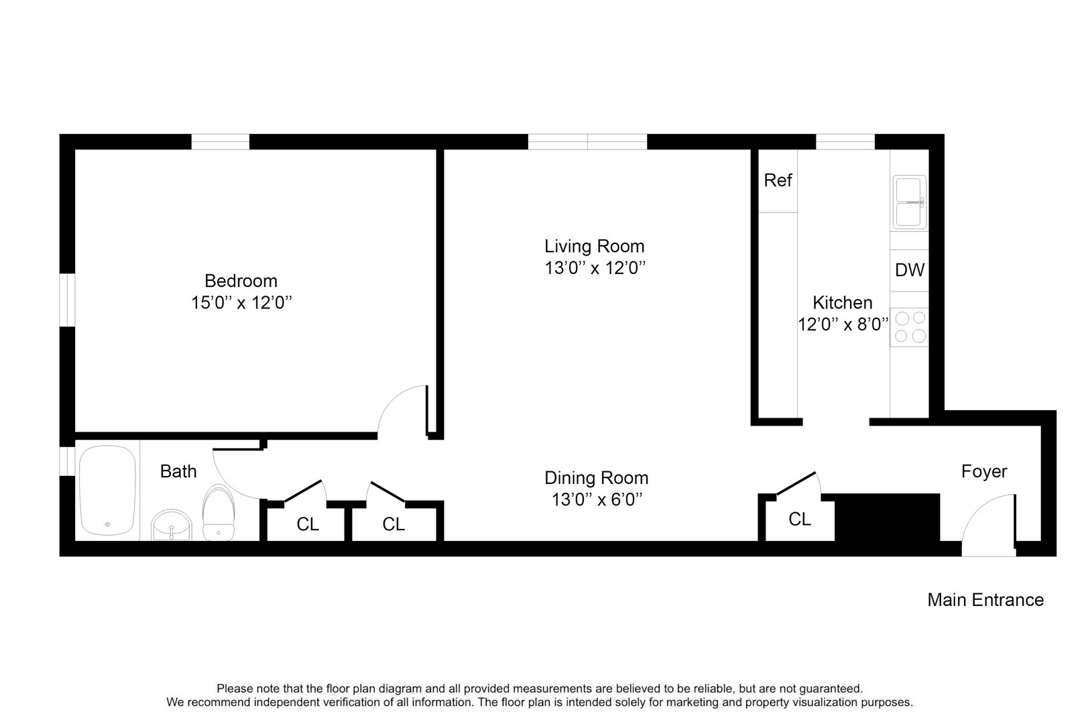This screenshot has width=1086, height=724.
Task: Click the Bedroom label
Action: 241,280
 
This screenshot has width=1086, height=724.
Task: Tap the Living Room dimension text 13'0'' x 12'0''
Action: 595,268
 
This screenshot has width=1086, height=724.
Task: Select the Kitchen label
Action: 843,302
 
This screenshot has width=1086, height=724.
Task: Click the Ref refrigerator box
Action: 778,180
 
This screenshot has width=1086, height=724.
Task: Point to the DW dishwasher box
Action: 910,270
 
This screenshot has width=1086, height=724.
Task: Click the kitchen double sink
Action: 910,202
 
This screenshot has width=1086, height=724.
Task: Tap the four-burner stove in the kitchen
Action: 910,327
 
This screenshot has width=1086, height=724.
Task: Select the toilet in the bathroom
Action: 219,514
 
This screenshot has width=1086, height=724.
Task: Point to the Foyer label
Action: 984,471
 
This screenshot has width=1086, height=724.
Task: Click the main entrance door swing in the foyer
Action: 989,525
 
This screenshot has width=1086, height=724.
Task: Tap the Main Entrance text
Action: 985,600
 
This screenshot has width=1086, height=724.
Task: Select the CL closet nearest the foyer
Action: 800,520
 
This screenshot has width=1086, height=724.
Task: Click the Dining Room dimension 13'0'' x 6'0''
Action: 596,499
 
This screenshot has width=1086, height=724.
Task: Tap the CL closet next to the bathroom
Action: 308,524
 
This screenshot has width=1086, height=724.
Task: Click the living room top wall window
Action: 588,141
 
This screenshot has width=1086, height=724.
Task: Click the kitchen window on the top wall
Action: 845,141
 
